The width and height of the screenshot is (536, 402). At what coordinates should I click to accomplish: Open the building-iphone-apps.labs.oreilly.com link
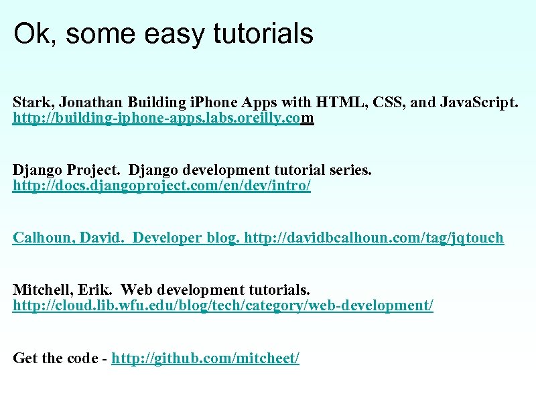(163, 119)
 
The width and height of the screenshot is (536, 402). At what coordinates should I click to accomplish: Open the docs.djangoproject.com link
(161, 186)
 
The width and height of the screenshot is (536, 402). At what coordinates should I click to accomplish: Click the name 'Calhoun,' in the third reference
(42, 238)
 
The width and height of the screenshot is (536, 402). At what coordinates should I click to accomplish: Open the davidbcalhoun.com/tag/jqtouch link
(374, 238)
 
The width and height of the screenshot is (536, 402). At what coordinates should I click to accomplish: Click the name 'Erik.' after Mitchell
(96, 289)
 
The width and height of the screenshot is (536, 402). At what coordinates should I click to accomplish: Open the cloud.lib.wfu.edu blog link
(223, 306)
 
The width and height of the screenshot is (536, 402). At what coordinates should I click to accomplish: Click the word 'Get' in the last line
(25, 358)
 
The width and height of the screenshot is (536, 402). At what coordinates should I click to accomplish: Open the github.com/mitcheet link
(205, 358)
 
